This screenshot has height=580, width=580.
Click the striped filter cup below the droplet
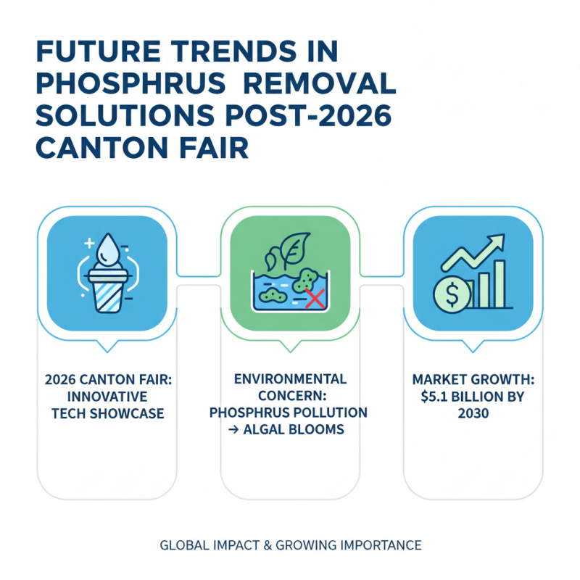pos(107,291)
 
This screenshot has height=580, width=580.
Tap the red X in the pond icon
pos(314,297)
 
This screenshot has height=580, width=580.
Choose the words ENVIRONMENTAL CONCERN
pos(290,387)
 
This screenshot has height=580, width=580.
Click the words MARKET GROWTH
pos(473,379)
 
